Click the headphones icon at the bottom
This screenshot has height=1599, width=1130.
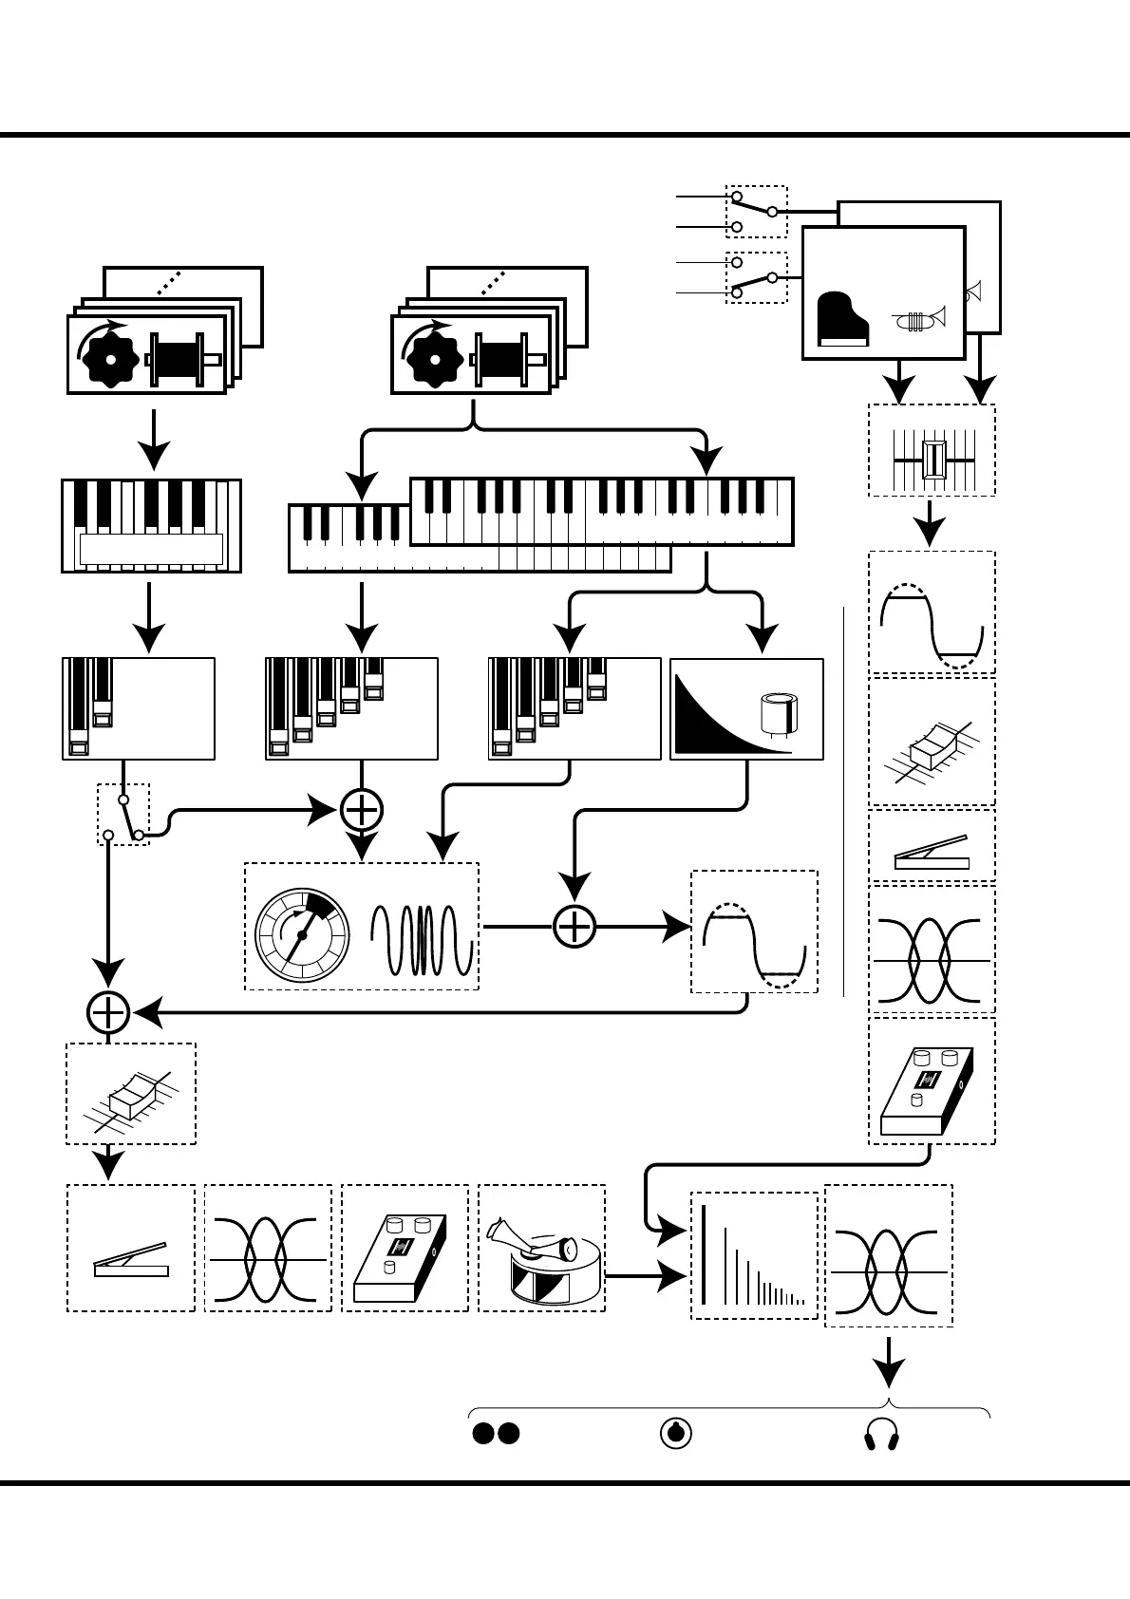point(881,1435)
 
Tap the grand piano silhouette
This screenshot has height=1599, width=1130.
point(842,320)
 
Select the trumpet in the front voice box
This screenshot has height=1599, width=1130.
point(920,319)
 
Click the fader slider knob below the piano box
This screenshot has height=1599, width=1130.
point(934,459)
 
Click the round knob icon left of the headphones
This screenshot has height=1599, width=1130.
point(675,1434)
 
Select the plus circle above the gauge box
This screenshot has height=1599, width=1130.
point(361,810)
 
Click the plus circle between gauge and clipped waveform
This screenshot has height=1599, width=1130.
point(574,927)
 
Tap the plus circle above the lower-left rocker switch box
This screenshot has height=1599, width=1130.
point(108,1013)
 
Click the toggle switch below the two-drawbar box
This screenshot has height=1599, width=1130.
point(125,815)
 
